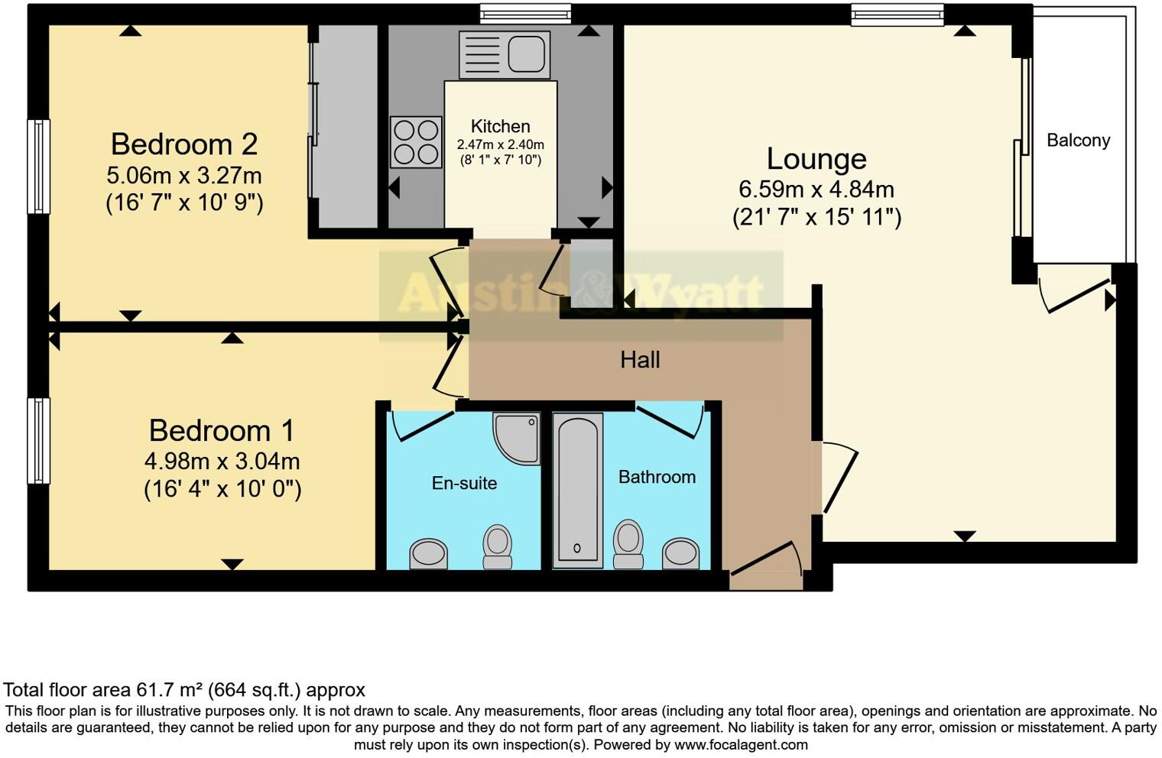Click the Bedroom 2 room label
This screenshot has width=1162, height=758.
tap(184, 144)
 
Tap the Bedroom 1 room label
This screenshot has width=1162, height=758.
tap(222, 431)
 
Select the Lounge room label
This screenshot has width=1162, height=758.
tap(816, 159)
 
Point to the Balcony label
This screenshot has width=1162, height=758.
tap(1078, 141)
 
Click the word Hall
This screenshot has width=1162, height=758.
tap(640, 360)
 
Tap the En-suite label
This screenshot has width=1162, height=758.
tap(464, 483)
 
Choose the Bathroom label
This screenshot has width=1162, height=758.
tap(657, 478)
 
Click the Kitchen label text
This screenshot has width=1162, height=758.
tap(500, 127)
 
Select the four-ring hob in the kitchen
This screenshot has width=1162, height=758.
tap(416, 142)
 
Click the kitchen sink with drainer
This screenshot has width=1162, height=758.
tap(505, 54)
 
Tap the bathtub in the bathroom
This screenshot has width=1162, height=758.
tap(577, 490)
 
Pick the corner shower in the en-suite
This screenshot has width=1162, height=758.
tap(518, 437)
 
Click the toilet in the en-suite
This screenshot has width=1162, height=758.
tap(498, 546)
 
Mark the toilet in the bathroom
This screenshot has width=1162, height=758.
tap(628, 544)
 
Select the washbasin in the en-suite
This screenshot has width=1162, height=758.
tap(428, 553)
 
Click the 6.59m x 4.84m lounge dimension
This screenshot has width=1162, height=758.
tap(816, 189)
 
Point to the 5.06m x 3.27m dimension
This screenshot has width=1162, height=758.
tap(184, 176)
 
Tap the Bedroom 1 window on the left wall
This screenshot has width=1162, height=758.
tap(38, 441)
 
